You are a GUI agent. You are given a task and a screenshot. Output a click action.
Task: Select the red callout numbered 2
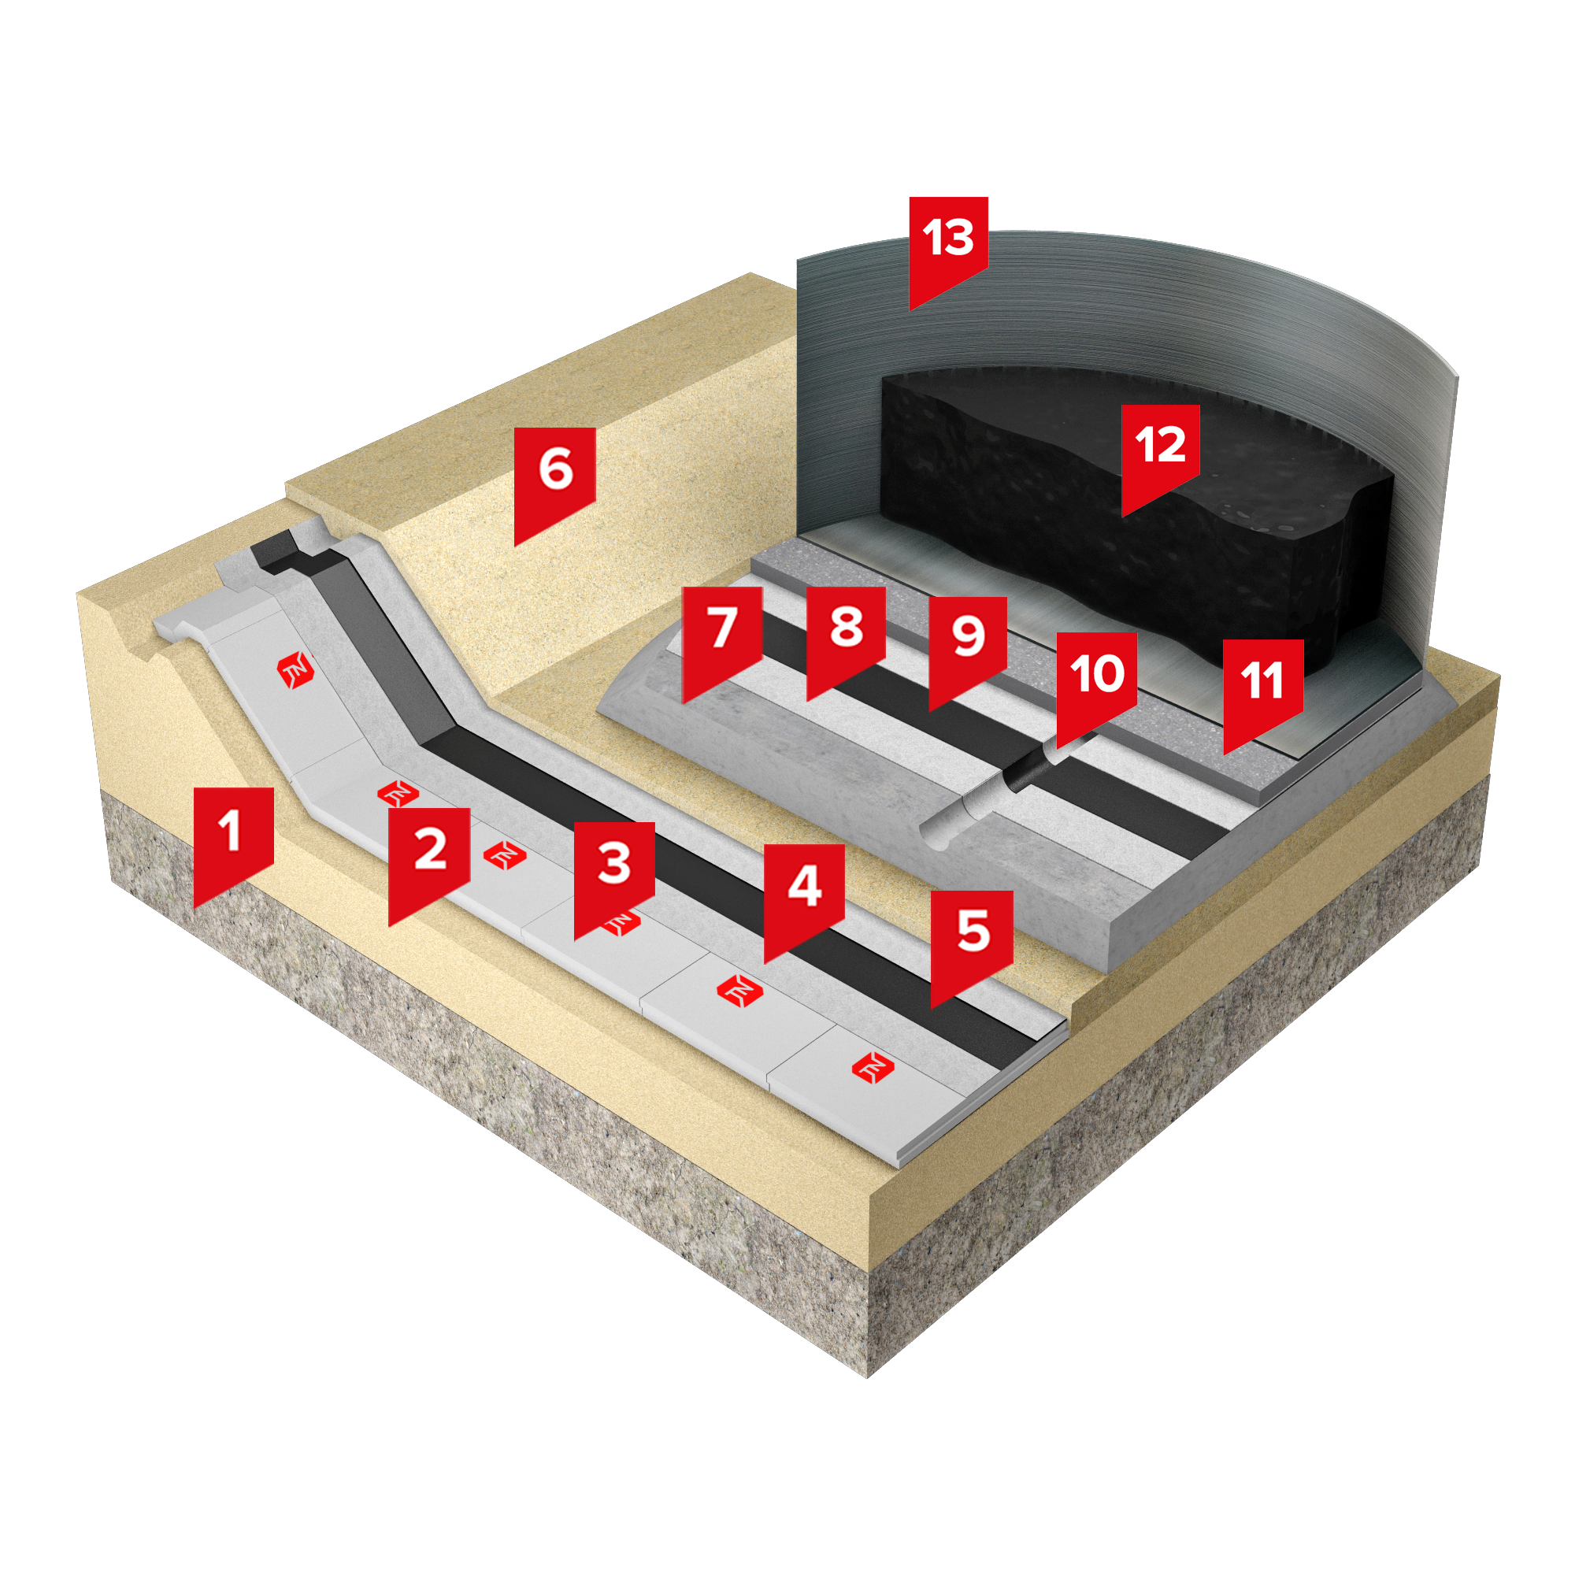[x=429, y=859]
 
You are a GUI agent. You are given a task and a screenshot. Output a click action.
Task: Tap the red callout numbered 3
[x=614, y=873]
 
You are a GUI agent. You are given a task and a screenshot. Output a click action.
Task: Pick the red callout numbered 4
[x=804, y=895]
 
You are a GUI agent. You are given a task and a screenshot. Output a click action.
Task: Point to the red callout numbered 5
[x=972, y=942]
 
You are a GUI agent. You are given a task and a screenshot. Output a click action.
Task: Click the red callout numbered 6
[x=554, y=480]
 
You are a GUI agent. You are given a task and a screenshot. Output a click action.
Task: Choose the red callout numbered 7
[x=722, y=638]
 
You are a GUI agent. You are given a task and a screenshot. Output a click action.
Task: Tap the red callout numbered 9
[x=968, y=647]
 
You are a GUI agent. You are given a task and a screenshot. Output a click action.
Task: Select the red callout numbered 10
[x=1096, y=683]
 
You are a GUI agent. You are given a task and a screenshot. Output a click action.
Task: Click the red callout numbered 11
[x=1263, y=690]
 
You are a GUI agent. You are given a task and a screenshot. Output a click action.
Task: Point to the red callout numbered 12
[x=1160, y=454]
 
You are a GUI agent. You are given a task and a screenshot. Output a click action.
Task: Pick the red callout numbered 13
[x=948, y=247]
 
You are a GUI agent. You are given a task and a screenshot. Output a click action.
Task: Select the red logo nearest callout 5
[x=873, y=1068]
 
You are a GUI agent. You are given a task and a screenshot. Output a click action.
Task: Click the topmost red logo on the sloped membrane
[x=295, y=670]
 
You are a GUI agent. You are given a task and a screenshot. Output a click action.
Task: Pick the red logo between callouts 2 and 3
[x=505, y=856]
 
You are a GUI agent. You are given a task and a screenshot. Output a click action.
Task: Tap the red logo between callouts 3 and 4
[x=739, y=991]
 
